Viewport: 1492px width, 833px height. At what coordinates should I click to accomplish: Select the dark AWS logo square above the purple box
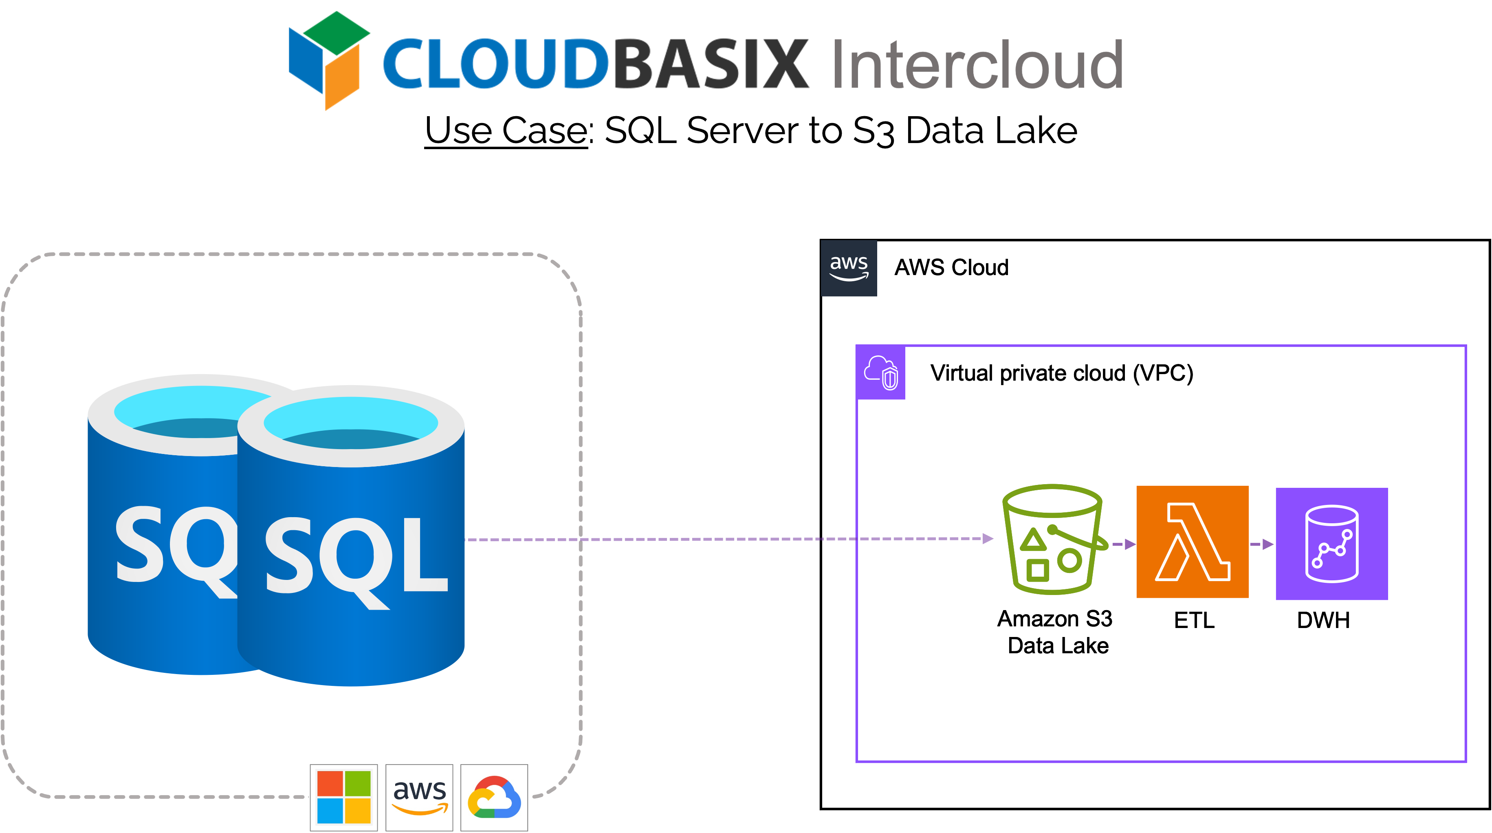click(849, 268)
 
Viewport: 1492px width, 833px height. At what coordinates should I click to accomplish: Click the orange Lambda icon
click(1192, 542)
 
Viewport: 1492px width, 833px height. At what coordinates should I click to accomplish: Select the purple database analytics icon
click(1331, 543)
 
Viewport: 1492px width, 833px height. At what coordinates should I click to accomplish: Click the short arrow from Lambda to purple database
click(1261, 544)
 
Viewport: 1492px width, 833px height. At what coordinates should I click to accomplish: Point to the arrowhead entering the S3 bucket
click(988, 539)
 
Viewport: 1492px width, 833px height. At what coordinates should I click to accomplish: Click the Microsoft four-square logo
click(343, 797)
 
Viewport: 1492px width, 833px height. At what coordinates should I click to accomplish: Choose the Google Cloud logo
click(494, 797)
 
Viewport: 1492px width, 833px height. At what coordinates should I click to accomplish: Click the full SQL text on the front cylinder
click(356, 556)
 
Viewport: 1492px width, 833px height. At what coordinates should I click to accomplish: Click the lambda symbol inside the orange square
click(1192, 542)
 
